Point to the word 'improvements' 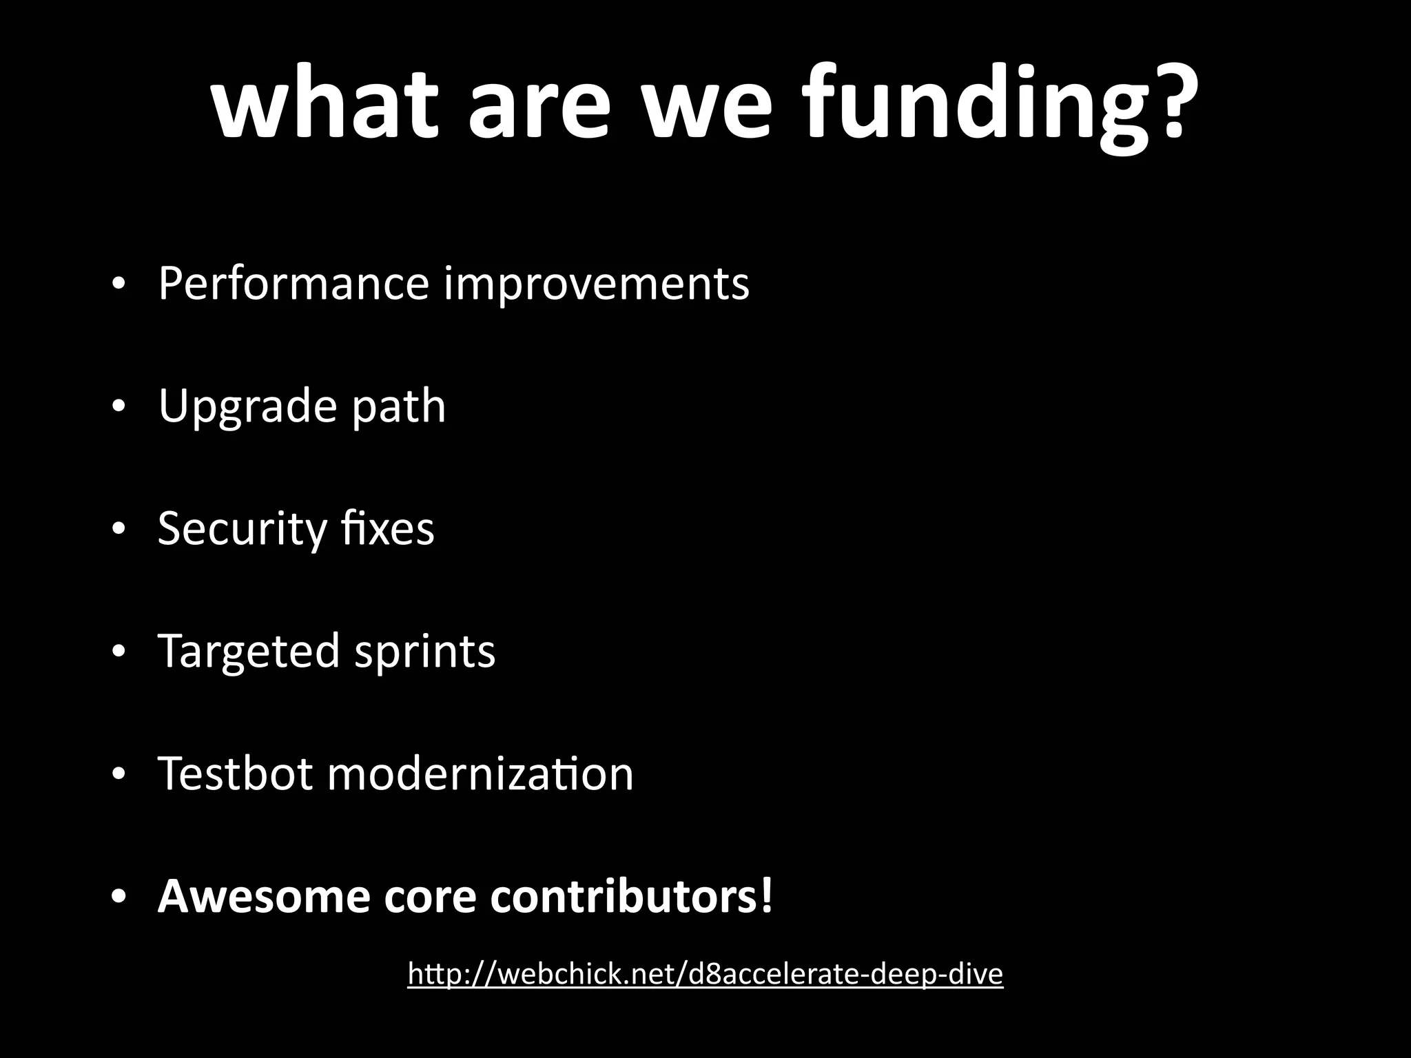point(596,284)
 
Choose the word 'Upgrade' point(247,406)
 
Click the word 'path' point(398,406)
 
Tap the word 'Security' point(242,529)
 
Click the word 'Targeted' point(249,652)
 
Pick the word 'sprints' point(424,652)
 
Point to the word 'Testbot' point(236,773)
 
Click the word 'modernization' point(480,773)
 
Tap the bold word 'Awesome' point(264,896)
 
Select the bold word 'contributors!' point(632,896)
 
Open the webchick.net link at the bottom point(705,974)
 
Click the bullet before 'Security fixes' point(119,530)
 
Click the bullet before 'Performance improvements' point(119,284)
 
